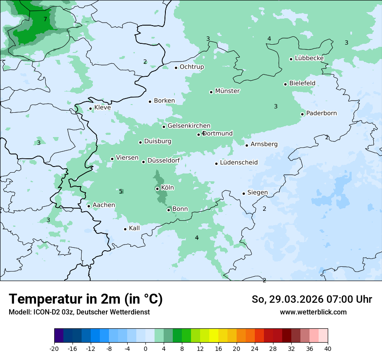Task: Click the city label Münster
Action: pos(227,91)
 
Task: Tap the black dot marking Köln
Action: pos(157,189)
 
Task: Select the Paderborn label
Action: pos(321,113)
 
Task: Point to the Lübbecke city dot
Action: pos(291,59)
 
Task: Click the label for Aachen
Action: pos(104,205)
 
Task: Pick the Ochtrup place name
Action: pos(191,67)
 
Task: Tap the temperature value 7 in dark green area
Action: pos(45,19)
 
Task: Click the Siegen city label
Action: pos(257,193)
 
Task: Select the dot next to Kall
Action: pos(125,229)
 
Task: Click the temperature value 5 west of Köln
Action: pos(121,191)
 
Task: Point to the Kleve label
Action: pos(102,108)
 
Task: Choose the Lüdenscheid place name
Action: pos(239,163)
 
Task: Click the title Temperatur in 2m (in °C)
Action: pos(86,299)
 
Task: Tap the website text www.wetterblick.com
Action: pos(313,312)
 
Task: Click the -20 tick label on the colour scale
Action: pos(54,348)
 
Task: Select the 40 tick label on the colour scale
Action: pos(328,348)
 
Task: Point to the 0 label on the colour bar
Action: pos(145,348)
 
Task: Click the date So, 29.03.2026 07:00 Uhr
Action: pos(312,299)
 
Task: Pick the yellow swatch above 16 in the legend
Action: pos(214,336)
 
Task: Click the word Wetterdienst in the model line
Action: pos(130,312)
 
